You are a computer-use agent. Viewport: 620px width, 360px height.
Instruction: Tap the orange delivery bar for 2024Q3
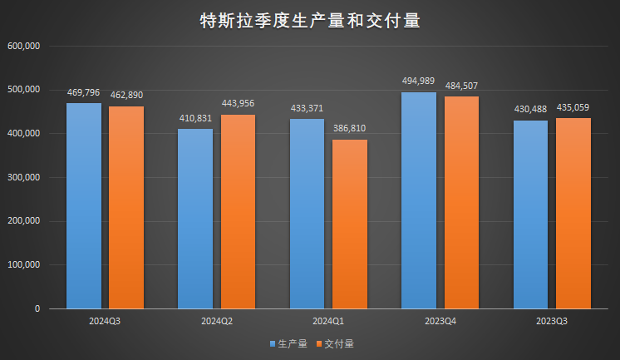(x=125, y=207)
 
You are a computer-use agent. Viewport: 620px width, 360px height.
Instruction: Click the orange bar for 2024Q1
(x=349, y=224)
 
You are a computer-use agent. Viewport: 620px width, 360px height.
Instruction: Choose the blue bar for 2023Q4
(x=419, y=200)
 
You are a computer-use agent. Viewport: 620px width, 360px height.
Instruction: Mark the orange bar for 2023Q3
(x=573, y=213)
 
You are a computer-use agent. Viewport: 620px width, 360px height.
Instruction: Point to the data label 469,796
(x=84, y=93)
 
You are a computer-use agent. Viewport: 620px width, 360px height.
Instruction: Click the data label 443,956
(x=238, y=103)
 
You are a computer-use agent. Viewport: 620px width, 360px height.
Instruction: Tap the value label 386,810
(x=349, y=128)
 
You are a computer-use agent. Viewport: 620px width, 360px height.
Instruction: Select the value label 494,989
(x=419, y=81)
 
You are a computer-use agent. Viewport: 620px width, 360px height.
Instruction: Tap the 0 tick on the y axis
(x=37, y=309)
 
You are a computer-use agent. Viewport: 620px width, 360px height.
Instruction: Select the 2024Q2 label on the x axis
(x=216, y=320)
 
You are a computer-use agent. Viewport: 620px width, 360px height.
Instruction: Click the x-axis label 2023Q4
(x=440, y=320)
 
